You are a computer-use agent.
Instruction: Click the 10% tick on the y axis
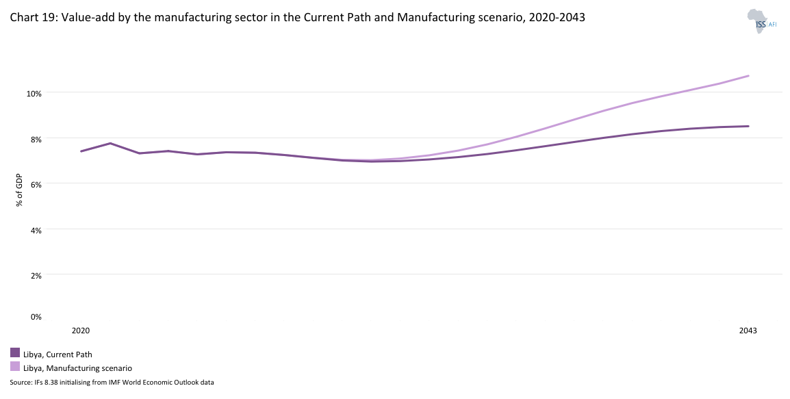pos(34,92)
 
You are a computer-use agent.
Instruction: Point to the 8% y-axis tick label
pos(36,138)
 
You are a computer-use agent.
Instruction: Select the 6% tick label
pos(36,184)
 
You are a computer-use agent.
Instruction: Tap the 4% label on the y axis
pos(36,230)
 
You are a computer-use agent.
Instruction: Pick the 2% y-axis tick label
pos(36,275)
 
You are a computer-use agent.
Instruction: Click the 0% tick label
pos(36,316)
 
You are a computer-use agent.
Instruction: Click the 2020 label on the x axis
pos(81,331)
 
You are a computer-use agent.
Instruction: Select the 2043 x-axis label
pos(748,331)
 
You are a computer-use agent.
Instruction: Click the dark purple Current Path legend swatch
pos(15,352)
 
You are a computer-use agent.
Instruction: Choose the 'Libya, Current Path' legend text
pos(58,355)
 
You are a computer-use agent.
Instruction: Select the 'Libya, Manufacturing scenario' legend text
pos(77,368)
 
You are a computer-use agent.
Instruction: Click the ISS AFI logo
pos(761,22)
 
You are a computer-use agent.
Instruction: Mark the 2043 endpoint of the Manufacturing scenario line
pos(748,76)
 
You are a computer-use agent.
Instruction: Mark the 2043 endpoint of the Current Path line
pos(748,126)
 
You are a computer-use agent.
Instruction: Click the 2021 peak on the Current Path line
pos(110,143)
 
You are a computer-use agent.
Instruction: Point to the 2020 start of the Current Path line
pos(81,151)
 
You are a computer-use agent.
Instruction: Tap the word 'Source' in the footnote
pos(21,382)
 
